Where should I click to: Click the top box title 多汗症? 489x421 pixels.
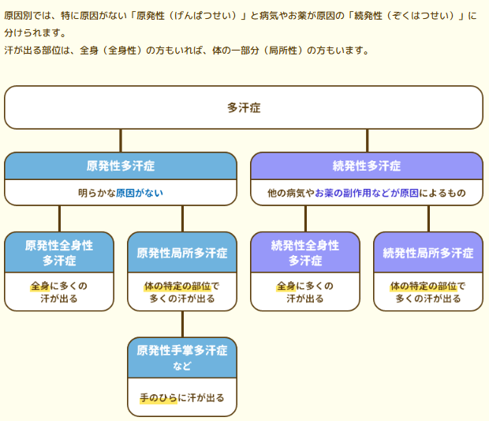click(x=244, y=107)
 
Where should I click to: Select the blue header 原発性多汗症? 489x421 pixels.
click(x=121, y=166)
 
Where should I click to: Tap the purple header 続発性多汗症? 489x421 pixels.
click(x=367, y=166)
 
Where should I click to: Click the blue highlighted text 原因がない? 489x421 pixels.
click(x=140, y=193)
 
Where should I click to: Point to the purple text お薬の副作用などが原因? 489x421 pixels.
click(x=367, y=193)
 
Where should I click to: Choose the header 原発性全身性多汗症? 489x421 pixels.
click(x=59, y=253)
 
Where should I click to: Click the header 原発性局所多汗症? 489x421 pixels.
click(x=182, y=253)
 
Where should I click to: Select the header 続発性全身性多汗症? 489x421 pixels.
click(x=305, y=253)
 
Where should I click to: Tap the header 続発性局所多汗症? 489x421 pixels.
click(x=428, y=253)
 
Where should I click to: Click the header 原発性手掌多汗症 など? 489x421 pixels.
click(x=182, y=358)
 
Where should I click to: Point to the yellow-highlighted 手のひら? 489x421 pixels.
click(x=159, y=398)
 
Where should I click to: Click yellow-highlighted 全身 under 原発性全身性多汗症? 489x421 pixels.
click(x=40, y=286)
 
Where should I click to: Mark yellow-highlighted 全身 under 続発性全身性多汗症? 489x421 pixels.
click(x=286, y=286)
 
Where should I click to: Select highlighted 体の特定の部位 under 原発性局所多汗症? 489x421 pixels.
click(x=177, y=286)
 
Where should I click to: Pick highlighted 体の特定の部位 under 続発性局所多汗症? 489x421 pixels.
click(x=424, y=286)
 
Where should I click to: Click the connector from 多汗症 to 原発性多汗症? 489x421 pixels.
click(x=121, y=141)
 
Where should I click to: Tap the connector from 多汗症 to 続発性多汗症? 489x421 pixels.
click(x=367, y=141)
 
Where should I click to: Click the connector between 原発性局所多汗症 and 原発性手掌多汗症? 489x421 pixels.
click(x=182, y=324)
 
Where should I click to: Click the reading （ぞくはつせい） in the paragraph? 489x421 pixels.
click(x=420, y=15)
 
